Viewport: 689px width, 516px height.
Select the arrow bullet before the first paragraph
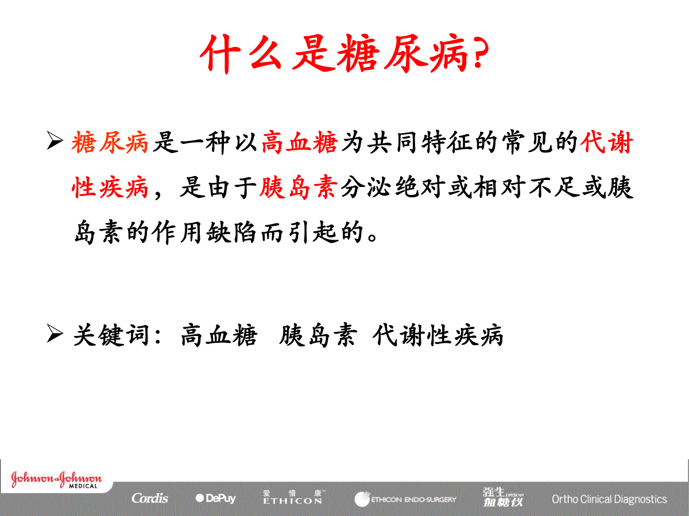coord(55,140)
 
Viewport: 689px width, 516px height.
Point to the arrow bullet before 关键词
coord(55,333)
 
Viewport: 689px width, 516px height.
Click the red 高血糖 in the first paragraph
coord(300,143)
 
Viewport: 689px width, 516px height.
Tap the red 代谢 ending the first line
coord(606,143)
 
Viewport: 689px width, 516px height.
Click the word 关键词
coord(111,335)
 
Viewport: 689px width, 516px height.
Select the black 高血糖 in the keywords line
coord(219,335)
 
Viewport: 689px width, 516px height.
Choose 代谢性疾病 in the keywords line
coord(438,335)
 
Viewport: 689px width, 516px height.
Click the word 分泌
coord(366,187)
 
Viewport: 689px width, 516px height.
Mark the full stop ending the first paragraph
coord(373,237)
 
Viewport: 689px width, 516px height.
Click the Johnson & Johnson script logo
coord(56,479)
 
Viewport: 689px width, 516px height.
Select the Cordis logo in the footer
coord(150,498)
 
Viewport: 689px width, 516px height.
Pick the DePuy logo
coord(215,498)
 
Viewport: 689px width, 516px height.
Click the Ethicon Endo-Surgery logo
coord(405,499)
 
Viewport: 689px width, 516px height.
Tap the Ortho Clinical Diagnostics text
coord(609,499)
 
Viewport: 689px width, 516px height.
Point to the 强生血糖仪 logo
coord(503,498)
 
